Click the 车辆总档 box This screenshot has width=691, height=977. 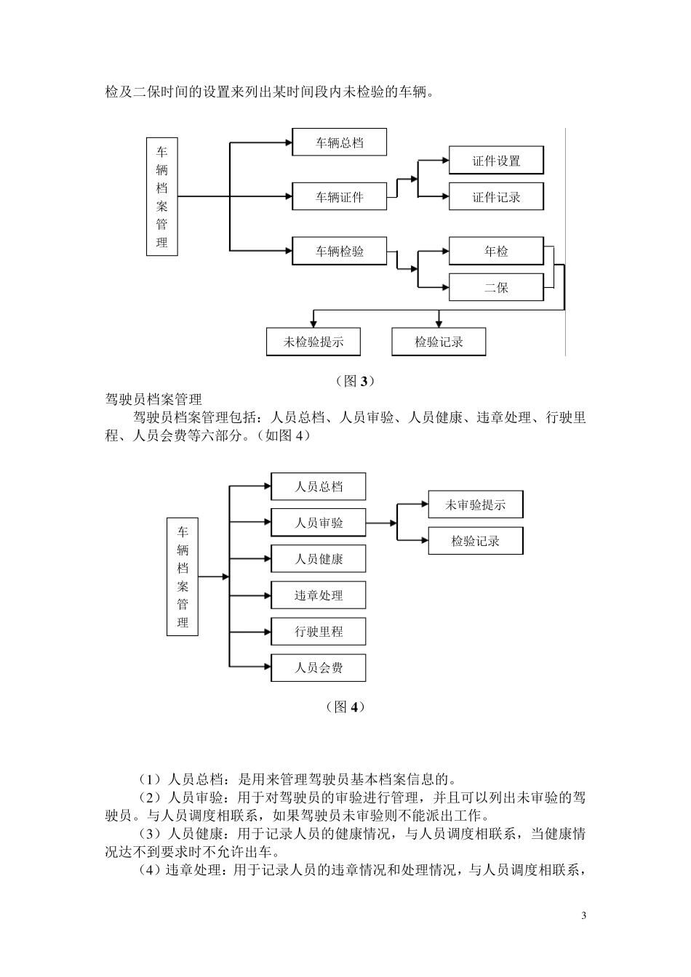[x=339, y=142]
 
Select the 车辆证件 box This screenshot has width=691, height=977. [x=339, y=197]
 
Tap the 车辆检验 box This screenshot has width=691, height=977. [x=339, y=252]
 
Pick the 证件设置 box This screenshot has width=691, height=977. [x=496, y=161]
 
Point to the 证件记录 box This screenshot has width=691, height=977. [x=496, y=197]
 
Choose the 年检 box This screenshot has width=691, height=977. [x=496, y=252]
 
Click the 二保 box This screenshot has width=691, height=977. [x=496, y=287]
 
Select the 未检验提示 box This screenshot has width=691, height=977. [x=313, y=342]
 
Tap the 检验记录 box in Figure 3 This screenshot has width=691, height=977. [x=439, y=342]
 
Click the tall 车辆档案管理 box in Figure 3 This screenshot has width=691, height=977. [x=161, y=196]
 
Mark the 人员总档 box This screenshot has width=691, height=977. [x=318, y=487]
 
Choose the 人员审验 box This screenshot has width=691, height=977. [x=318, y=523]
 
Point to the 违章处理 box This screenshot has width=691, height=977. [x=318, y=595]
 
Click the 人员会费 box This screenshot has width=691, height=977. [x=318, y=667]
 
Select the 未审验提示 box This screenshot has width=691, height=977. [x=475, y=504]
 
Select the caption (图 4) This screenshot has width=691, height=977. [x=345, y=707]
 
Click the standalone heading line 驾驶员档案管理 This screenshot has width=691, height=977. [x=153, y=399]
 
